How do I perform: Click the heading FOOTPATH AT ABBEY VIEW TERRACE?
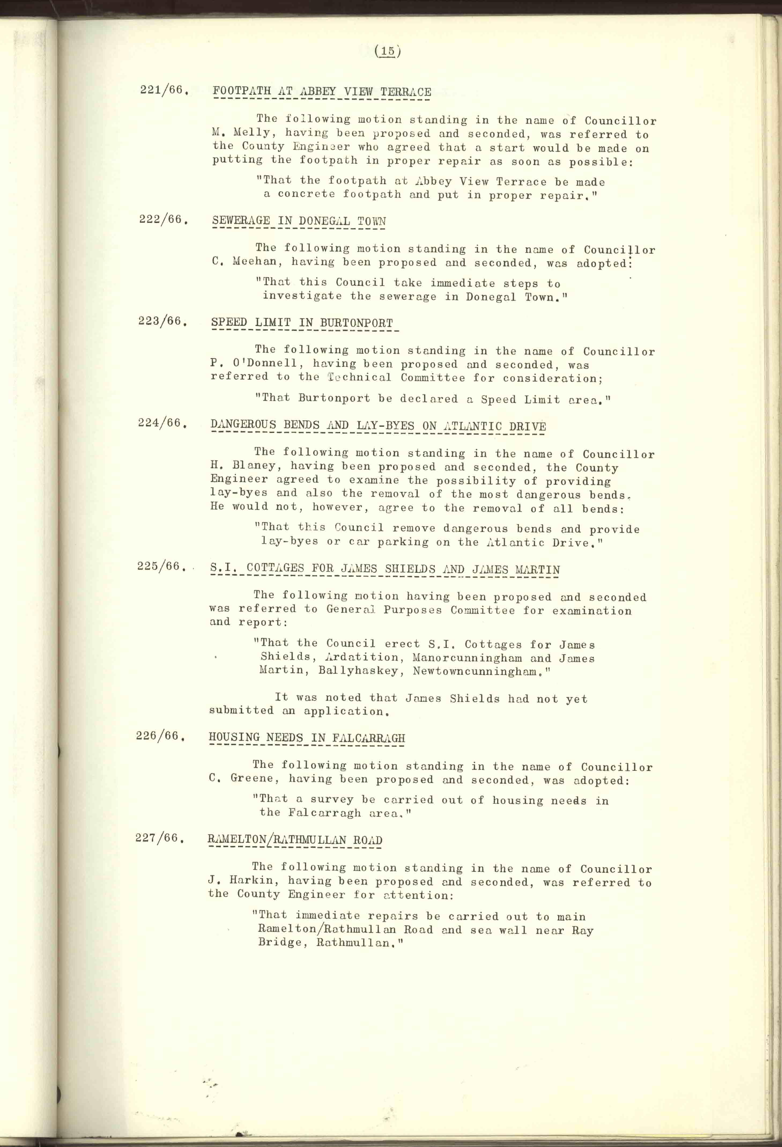[x=322, y=92]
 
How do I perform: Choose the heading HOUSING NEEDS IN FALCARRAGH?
[x=306, y=738]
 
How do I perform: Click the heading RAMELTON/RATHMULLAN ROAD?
[x=295, y=840]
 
